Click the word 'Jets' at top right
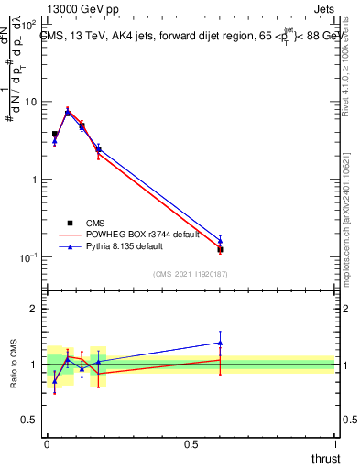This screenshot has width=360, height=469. point(323,9)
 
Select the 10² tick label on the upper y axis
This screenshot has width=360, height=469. point(29,24)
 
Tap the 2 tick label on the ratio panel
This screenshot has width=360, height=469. point(34,309)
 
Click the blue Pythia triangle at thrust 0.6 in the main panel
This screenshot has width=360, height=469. point(220,241)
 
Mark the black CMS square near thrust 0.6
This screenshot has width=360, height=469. point(220,249)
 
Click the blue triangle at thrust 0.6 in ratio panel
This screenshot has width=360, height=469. point(220,343)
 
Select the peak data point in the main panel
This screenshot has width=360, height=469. point(68,112)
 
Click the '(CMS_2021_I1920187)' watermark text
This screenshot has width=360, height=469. point(190,274)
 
